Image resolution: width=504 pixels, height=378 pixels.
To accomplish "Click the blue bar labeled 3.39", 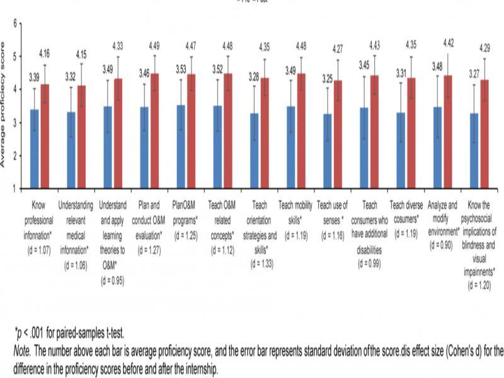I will click(34, 149).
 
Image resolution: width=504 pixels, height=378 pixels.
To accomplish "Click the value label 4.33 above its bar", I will click(117, 45).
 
